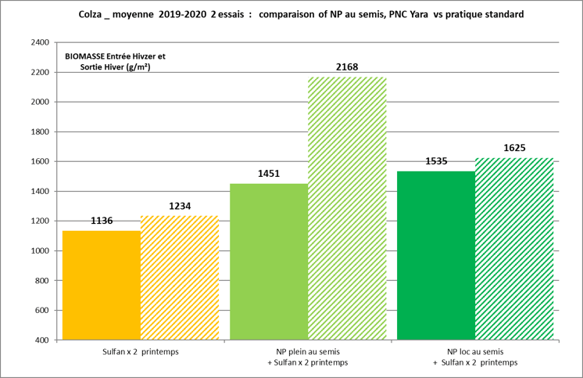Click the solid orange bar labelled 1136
[x=102, y=286]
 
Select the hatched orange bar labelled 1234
[x=180, y=278]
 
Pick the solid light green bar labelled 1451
[x=269, y=262]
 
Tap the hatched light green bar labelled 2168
[x=347, y=208]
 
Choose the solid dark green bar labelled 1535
[x=436, y=255]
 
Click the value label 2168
[x=347, y=67]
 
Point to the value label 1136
[x=102, y=221]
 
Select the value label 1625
[x=514, y=148]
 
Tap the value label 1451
[x=269, y=174]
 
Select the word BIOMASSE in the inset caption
[x=86, y=57]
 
